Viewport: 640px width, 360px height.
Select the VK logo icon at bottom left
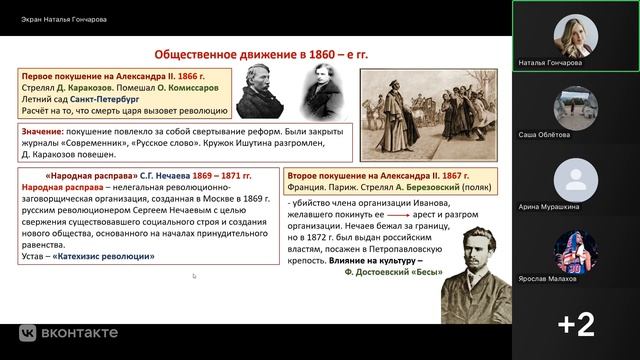[x=29, y=331]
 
